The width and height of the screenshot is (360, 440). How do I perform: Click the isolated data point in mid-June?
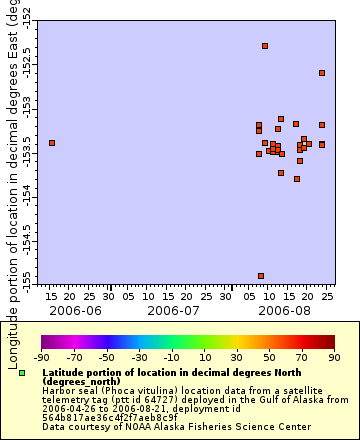52,143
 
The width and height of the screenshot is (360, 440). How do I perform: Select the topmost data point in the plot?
265,46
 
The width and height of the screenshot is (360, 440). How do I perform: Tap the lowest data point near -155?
261,276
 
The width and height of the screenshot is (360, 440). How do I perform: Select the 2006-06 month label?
81,311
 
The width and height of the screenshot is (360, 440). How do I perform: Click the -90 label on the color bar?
41,356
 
